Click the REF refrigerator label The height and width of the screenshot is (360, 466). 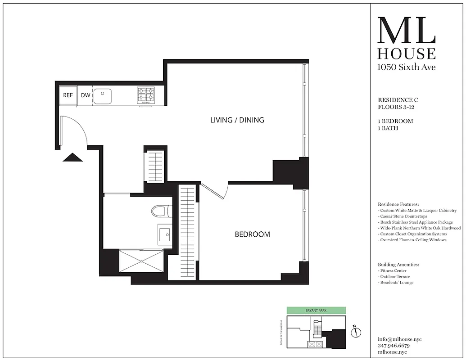point(68,95)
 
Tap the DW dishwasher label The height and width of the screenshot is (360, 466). point(85,95)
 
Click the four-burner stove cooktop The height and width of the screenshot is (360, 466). point(146,95)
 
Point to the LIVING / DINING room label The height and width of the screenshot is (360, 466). point(237,120)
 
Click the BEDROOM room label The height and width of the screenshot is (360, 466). point(253,234)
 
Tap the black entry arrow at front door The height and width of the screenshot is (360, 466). point(73,157)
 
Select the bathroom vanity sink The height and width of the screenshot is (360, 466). point(164,234)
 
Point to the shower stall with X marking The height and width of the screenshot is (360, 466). point(141,261)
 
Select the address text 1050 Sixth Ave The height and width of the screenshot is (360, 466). point(406,67)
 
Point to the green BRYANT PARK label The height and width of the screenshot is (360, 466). point(317,310)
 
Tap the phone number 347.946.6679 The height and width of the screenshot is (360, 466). point(394,346)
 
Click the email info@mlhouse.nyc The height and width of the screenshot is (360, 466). point(400,339)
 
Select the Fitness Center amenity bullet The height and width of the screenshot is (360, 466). point(393,270)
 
